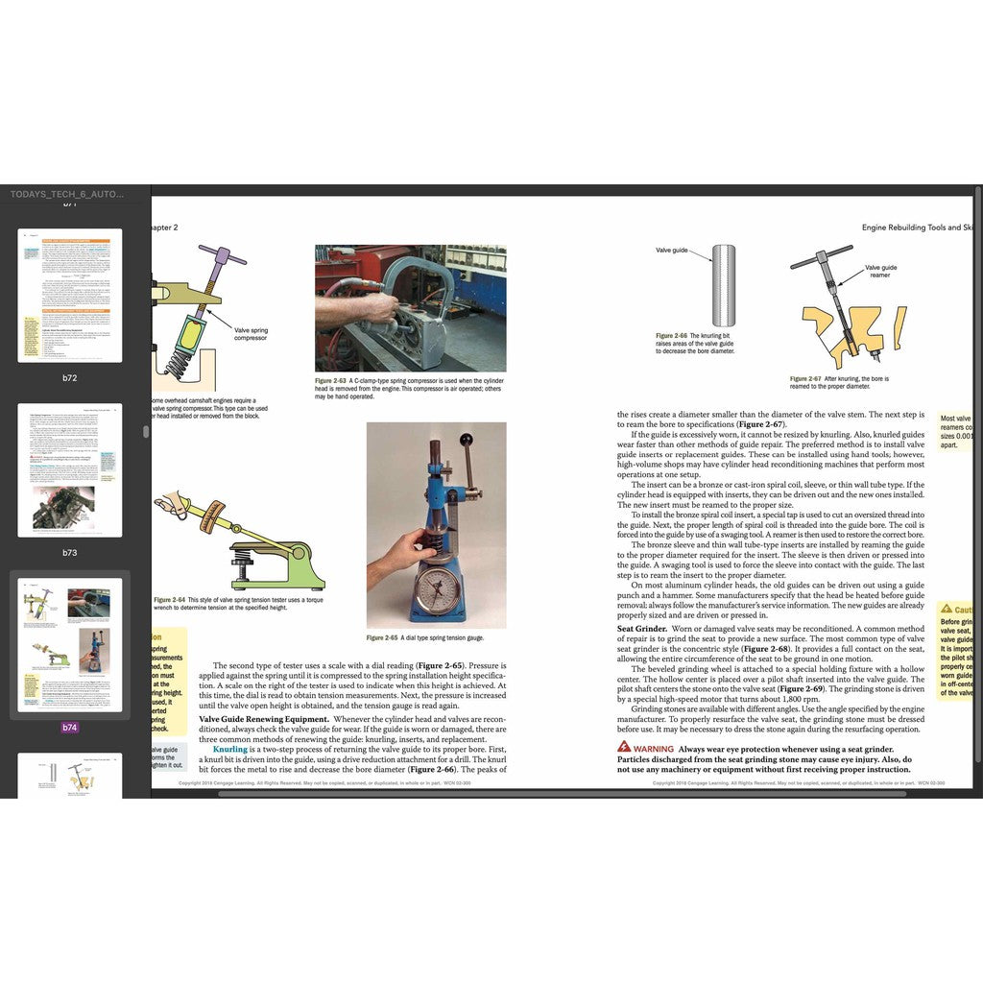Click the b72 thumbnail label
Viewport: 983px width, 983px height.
[70, 378]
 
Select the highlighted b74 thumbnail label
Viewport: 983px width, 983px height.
[70, 728]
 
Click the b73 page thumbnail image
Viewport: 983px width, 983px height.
[70, 469]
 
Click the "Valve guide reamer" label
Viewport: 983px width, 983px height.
[880, 272]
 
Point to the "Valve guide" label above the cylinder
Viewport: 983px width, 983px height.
[672, 250]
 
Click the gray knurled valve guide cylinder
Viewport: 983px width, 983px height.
[723, 285]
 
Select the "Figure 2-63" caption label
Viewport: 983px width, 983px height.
[336, 381]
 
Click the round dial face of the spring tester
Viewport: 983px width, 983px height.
[439, 588]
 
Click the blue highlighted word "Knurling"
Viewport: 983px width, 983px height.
[230, 749]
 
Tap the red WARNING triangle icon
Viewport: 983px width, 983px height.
[624, 746]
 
